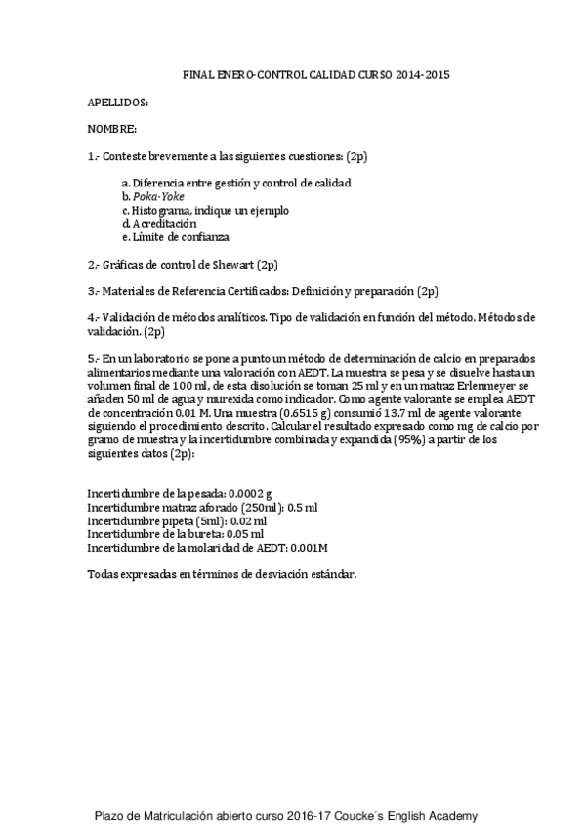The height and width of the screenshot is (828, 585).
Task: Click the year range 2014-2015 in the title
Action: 424,74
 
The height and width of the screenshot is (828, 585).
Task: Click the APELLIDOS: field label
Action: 118,102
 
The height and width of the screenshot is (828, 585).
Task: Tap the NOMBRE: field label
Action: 111,129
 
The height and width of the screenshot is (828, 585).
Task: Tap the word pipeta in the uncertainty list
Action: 176,521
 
